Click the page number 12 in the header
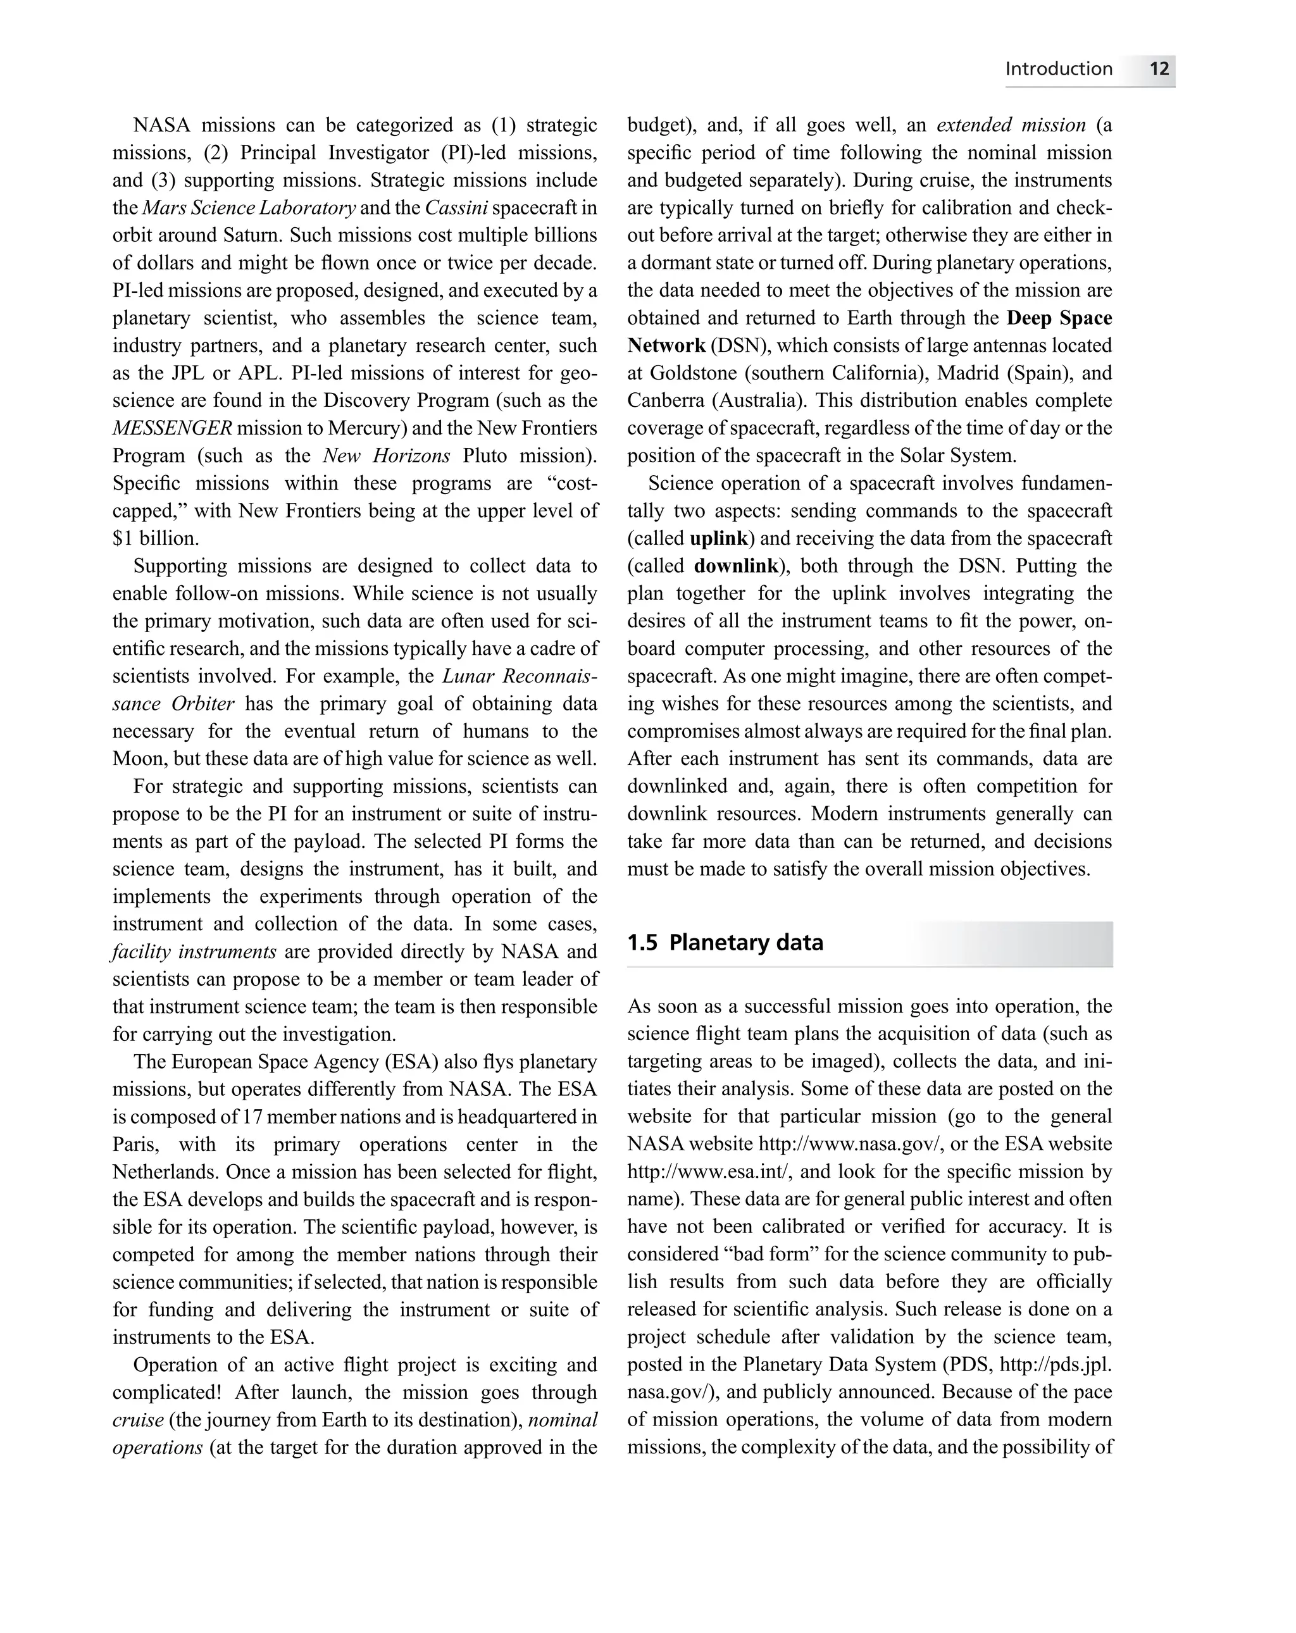[x=1159, y=69]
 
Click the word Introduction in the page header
[x=1058, y=69]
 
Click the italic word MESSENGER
[x=172, y=428]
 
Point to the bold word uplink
[x=719, y=538]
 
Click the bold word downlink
[x=736, y=566]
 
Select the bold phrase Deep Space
[x=1059, y=318]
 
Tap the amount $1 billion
[x=155, y=538]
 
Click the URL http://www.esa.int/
[x=709, y=1172]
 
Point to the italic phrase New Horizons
[x=386, y=456]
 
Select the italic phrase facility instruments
[x=194, y=952]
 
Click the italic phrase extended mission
[x=1011, y=125]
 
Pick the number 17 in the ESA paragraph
[x=251, y=1117]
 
